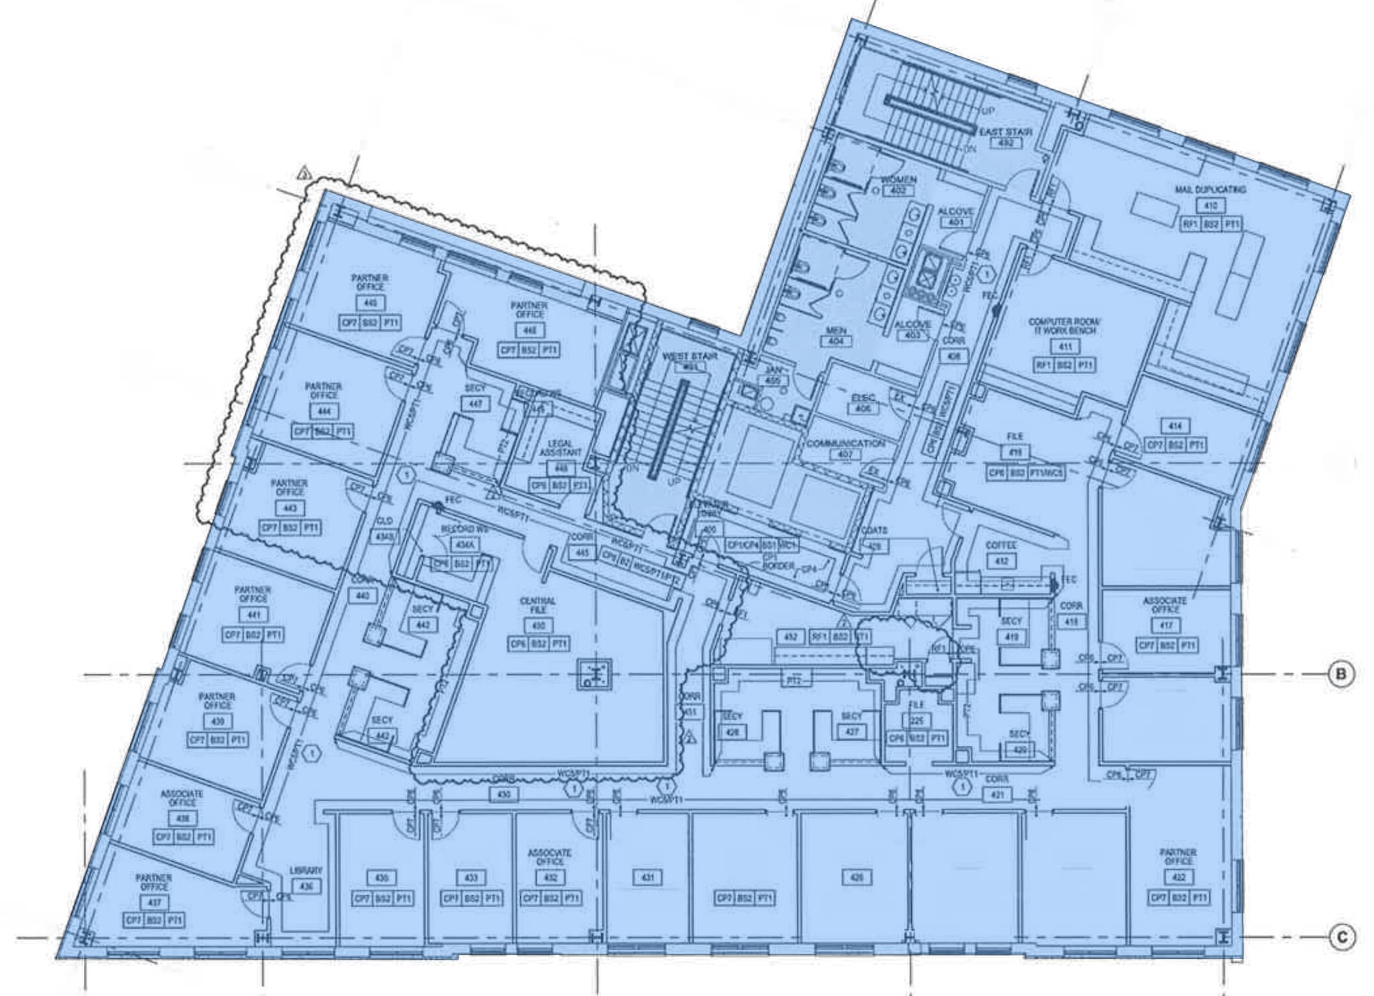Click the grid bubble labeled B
coord(1340,673)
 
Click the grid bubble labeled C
coord(1340,937)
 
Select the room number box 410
coord(1210,206)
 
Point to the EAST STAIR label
coord(1006,132)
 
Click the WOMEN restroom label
coord(898,180)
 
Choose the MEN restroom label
coord(836,331)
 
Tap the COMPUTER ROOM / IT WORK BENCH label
coord(1065,326)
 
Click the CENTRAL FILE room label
coord(537,606)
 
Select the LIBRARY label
coord(306,871)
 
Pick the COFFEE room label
coord(1001,545)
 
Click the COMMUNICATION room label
coord(845,443)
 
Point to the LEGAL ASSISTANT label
coord(560,448)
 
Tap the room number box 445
coord(370,303)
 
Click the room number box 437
coord(154,903)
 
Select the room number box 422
coord(1178,877)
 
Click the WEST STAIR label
coord(690,356)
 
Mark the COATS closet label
coord(874,531)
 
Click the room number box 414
coord(1175,426)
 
